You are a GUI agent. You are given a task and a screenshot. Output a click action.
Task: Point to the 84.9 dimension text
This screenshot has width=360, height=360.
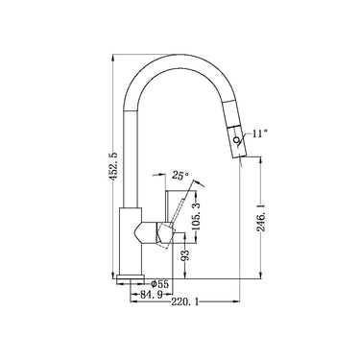point(152,296)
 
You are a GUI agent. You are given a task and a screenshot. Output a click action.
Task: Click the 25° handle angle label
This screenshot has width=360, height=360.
point(179,176)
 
